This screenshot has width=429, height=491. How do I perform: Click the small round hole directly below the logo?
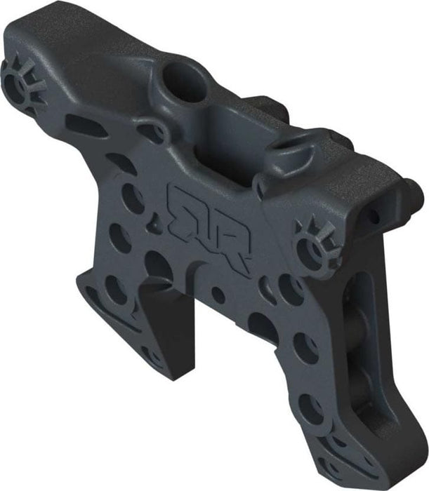218,295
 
